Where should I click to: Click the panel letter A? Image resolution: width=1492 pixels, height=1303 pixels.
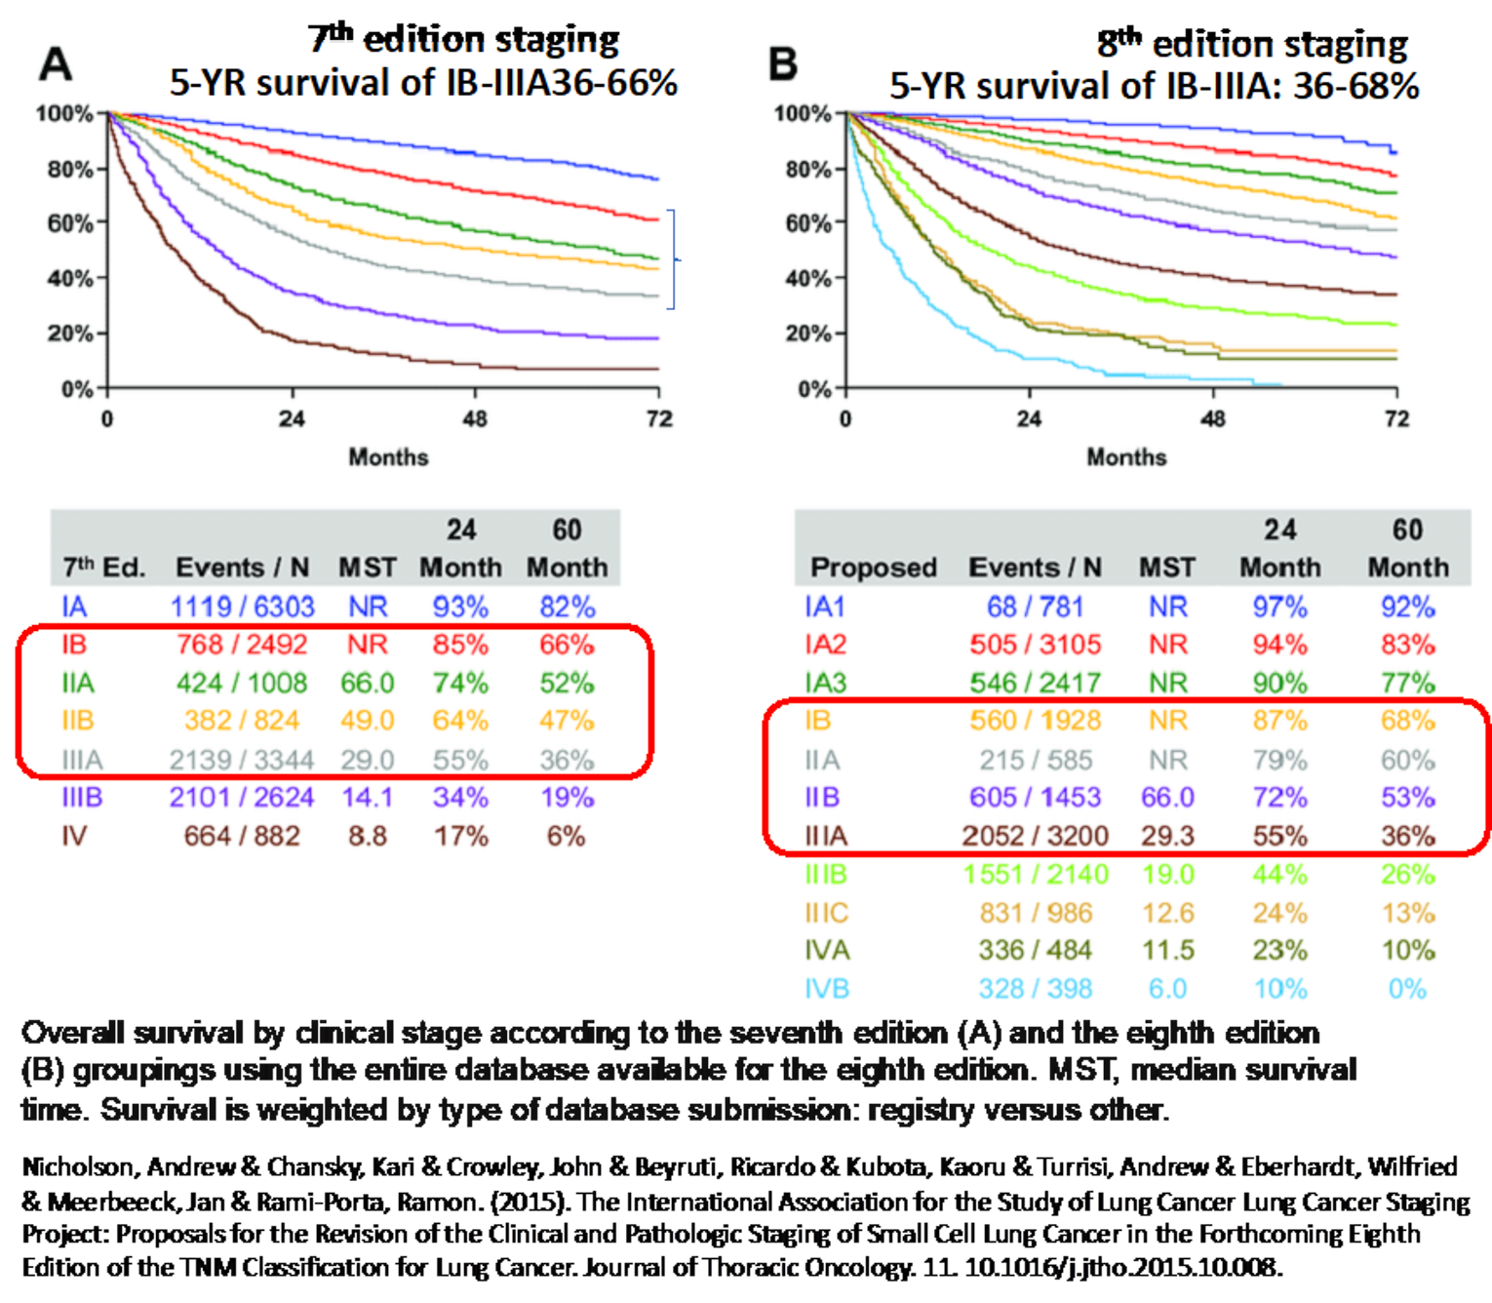point(56,64)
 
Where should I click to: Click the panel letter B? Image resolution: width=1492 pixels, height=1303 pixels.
point(783,64)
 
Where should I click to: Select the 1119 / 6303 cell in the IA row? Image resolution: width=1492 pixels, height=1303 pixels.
point(242,607)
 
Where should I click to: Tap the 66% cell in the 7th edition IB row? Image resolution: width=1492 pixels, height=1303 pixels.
point(567,645)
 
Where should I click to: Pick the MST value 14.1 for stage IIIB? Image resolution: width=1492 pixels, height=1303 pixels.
point(367,798)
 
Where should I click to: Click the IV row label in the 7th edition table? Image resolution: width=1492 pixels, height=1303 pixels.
point(74,836)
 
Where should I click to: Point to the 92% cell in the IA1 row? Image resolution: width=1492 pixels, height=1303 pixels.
point(1407,607)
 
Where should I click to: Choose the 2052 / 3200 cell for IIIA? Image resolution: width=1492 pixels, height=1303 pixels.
point(1035,836)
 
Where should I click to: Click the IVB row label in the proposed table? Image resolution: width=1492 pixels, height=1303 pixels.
point(827,989)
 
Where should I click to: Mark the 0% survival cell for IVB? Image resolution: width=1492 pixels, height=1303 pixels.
point(1407,989)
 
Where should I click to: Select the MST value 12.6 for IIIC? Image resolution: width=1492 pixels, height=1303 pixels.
point(1167,913)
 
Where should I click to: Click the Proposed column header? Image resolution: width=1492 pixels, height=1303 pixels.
point(873,568)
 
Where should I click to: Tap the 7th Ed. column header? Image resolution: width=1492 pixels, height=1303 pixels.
point(103,568)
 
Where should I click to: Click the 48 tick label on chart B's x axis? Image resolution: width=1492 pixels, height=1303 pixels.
point(1212,419)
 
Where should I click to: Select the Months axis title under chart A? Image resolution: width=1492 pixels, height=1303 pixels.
point(388,456)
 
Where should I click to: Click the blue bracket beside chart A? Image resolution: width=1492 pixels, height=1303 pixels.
point(672,259)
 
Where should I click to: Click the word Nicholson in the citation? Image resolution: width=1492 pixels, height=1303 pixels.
point(77,1166)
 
